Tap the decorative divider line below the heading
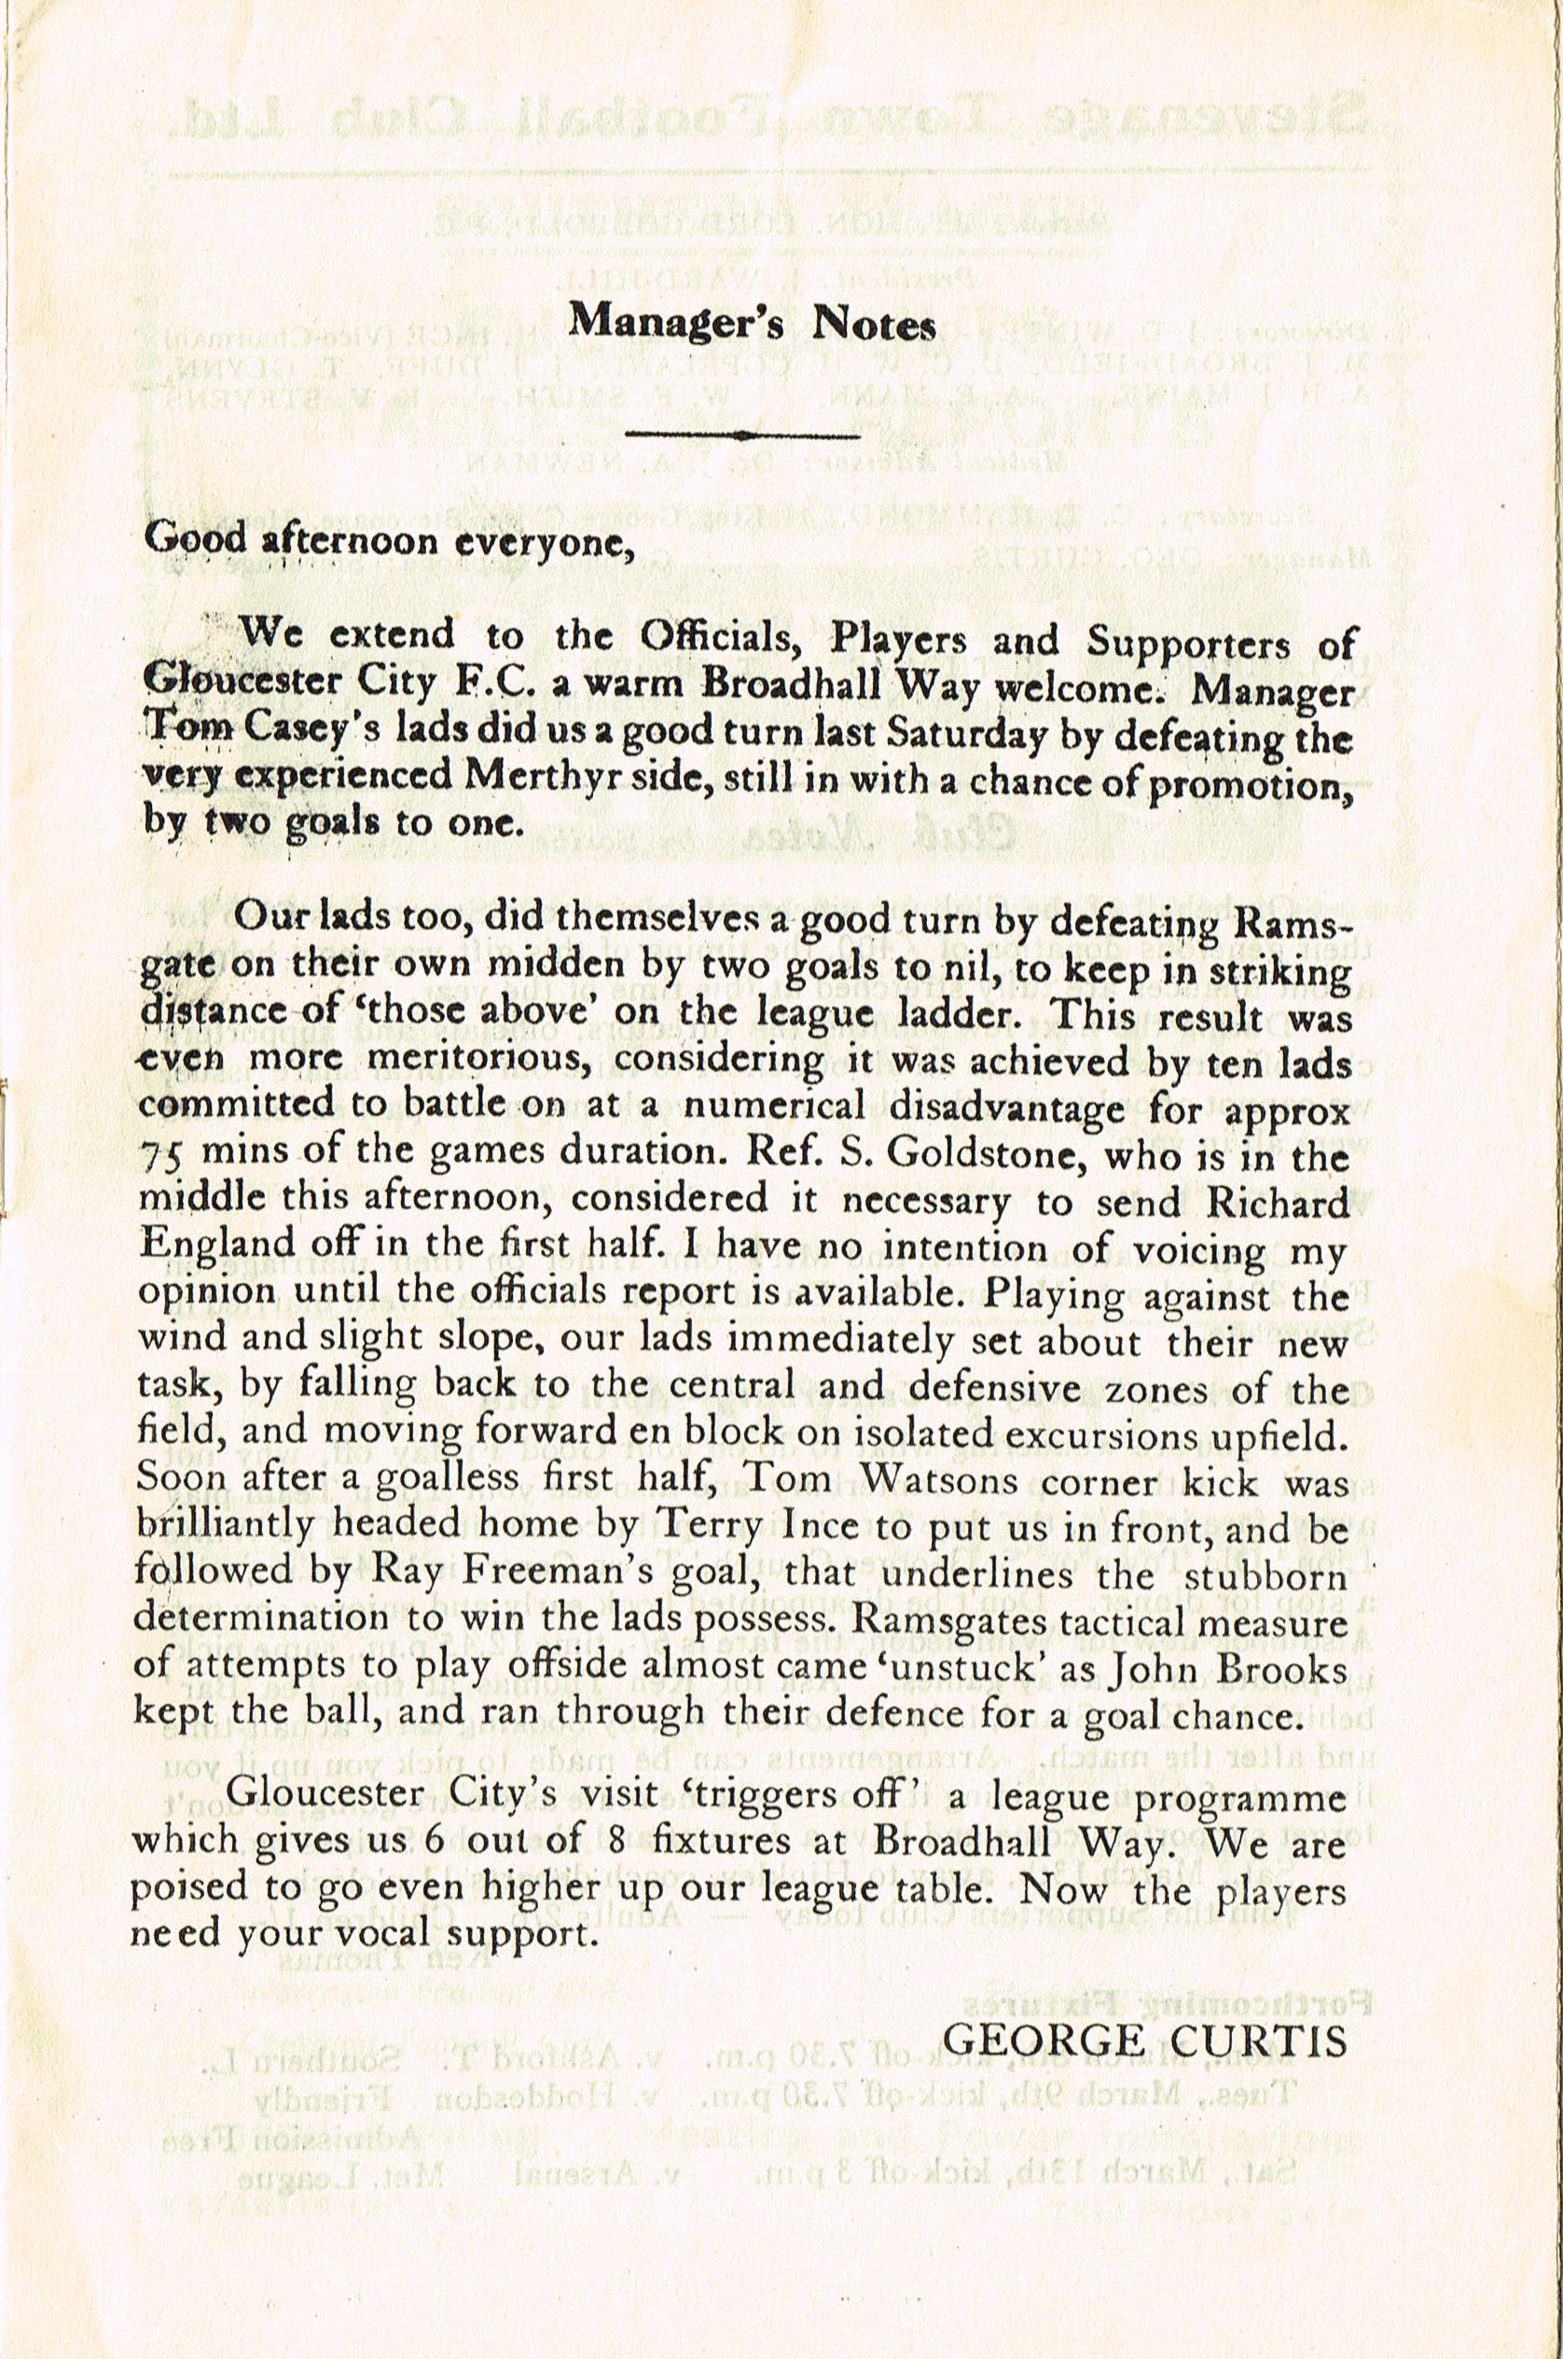point(742,435)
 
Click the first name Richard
point(1279,1203)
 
